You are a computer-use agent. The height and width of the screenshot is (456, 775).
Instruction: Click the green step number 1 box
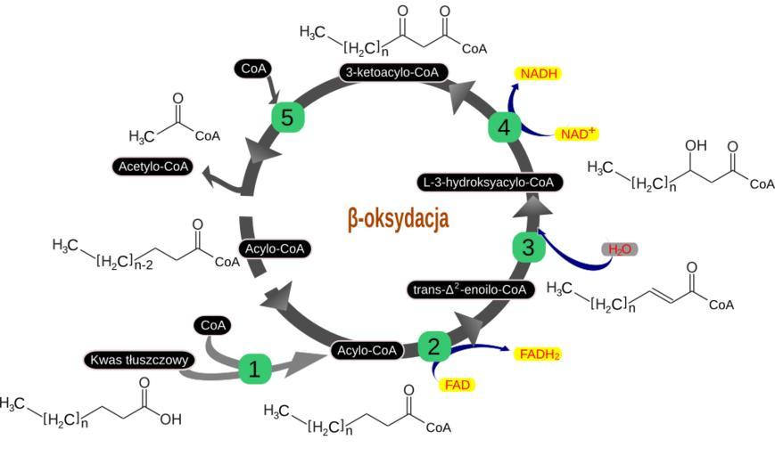[x=253, y=367]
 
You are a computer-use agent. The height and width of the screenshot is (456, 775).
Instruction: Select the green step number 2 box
[x=433, y=346]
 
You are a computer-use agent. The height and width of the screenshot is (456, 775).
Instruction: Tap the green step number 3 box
[x=528, y=247]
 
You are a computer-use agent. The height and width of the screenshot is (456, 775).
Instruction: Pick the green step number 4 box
[x=504, y=127]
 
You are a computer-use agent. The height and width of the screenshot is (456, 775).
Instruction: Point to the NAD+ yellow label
[x=577, y=134]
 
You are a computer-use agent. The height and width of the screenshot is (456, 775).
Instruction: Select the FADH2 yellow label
[x=538, y=354]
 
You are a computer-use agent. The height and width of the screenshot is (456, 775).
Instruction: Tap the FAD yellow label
[x=456, y=385]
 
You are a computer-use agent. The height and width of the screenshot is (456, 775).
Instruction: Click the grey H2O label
[x=620, y=249]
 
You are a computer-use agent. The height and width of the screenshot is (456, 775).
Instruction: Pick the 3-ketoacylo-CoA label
[x=392, y=72]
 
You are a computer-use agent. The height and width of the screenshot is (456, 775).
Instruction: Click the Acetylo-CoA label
[x=151, y=167]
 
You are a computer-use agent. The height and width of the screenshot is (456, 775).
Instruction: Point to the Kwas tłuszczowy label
[x=137, y=360]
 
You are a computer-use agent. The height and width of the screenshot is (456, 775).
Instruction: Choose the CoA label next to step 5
[x=251, y=67]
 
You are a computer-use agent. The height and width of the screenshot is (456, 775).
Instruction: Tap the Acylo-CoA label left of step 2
[x=366, y=350]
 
